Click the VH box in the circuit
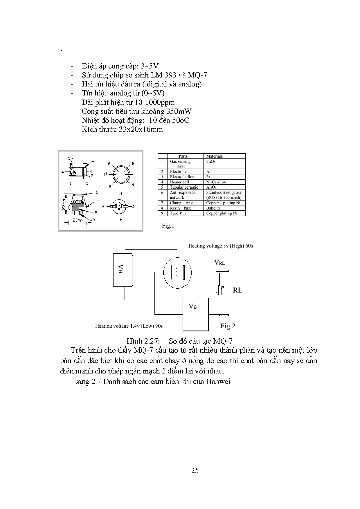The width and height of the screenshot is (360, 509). coord(123,270)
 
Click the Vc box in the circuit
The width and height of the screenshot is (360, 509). coord(195,314)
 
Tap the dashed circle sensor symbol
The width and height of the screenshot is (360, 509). coord(177,273)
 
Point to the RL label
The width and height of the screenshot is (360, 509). coord(237,290)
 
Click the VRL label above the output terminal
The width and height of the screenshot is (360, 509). coord(219,262)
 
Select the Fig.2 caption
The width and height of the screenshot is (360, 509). coord(228,326)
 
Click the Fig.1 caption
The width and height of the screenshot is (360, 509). coord(168,226)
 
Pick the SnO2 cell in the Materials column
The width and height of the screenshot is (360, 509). coord(211,162)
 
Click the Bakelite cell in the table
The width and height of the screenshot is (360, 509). coord(213,208)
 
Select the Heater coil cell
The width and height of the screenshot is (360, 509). coord(179,182)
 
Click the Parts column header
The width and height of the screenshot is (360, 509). coord(183,156)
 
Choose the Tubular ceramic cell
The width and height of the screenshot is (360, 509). coord(184,187)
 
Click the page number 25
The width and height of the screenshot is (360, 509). coord(195,470)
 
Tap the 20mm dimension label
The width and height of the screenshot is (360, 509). coord(78,220)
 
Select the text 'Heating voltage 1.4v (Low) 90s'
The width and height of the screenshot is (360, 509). coord(129,326)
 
